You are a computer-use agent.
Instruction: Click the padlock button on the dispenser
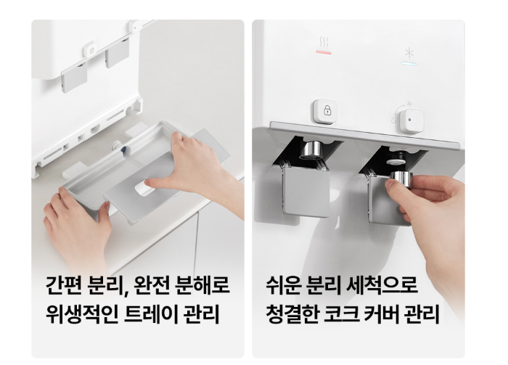[325, 112]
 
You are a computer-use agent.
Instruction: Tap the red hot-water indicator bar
[324, 52]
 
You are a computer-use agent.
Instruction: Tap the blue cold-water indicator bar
[409, 63]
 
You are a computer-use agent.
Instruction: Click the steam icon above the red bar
[324, 41]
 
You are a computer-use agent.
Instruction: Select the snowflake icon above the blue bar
[409, 53]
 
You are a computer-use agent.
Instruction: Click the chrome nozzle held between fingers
[401, 180]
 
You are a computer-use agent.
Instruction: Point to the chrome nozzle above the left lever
[309, 151]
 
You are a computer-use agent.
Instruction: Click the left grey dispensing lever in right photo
[306, 190]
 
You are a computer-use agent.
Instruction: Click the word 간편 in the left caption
[64, 285]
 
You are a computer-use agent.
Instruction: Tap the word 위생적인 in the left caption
[81, 313]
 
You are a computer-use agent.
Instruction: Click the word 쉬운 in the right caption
[284, 285]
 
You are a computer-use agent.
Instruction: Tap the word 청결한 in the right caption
[292, 313]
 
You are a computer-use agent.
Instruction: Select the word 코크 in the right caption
[341, 313]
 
